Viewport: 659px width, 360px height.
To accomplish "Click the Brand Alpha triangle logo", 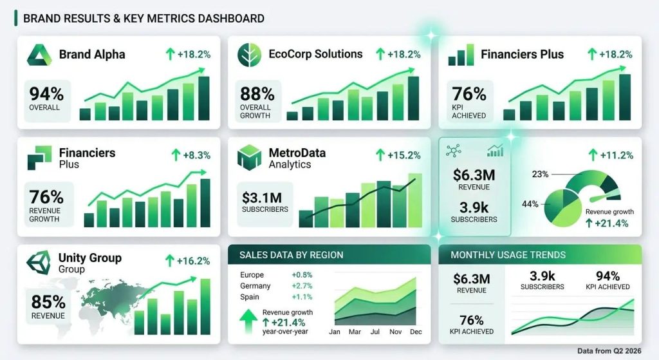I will [x=39, y=54].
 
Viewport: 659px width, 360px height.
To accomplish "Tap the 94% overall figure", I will [x=44, y=94].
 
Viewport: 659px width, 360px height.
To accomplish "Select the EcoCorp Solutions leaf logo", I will [x=248, y=55].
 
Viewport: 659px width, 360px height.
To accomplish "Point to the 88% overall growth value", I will [x=257, y=94].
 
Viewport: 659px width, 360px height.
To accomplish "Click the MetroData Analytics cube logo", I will [x=249, y=157].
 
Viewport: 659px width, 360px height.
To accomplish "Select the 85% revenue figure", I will [x=48, y=301].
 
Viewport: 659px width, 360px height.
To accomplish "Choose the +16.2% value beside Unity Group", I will [x=188, y=261].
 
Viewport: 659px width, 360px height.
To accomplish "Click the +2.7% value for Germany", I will [x=301, y=286].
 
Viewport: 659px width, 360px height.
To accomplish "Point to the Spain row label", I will [x=249, y=297].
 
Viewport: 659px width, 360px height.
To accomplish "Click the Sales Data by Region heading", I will [x=291, y=255].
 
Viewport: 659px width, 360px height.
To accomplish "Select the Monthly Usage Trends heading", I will [x=499, y=255].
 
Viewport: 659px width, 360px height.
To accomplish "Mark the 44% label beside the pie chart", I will [x=530, y=204].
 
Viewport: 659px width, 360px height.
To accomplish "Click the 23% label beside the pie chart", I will [x=540, y=174].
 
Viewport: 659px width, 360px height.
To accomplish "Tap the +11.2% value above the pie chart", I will [x=611, y=155].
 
